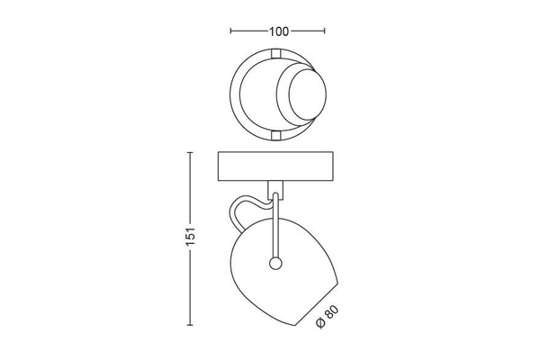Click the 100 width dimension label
coord(279,31)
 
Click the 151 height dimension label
coord(191,237)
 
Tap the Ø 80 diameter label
coord(328,317)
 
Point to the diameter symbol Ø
coord(320,323)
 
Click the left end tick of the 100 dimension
coord(230,31)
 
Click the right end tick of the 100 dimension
coord(324,31)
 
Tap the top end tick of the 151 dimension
coord(190,152)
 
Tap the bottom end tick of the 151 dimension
coord(190,325)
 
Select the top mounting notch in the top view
coord(276,53)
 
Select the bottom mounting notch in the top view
coord(276,135)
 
